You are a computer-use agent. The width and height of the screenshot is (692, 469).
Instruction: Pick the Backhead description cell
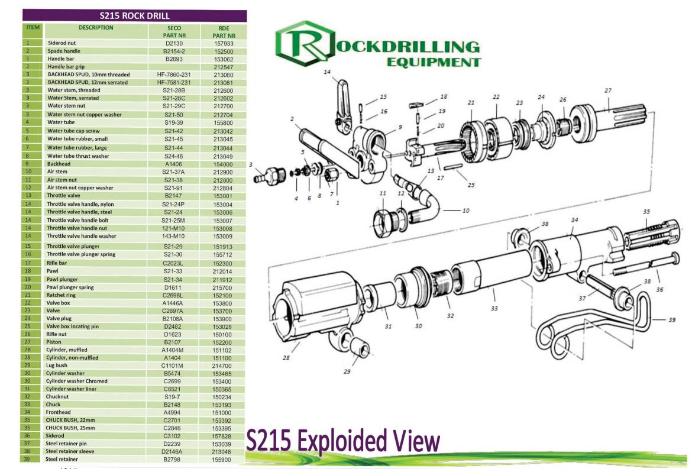click(59, 164)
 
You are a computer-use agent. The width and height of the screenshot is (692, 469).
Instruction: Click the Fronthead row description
click(59, 412)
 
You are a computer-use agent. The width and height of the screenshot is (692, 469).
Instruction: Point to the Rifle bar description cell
click(59, 263)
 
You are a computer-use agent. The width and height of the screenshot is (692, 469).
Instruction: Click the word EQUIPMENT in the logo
click(433, 62)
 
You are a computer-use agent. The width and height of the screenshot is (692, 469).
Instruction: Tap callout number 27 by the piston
click(607, 90)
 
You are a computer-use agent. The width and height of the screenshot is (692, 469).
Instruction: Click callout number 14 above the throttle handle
click(327, 72)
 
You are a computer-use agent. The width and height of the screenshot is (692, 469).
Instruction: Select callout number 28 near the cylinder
click(287, 358)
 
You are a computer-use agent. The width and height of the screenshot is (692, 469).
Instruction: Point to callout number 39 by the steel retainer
click(672, 320)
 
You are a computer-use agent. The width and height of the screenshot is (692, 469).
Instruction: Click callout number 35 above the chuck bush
click(646, 211)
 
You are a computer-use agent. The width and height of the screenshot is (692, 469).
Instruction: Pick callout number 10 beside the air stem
click(465, 210)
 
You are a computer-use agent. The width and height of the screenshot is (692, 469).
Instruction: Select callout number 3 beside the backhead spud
click(251, 164)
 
